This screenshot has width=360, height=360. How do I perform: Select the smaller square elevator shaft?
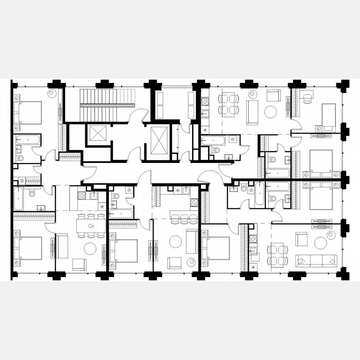point(98,133)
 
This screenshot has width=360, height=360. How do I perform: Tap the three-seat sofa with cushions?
point(316,261)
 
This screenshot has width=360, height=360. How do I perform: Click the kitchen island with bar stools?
point(183,215)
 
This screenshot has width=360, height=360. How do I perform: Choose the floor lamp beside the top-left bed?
point(52,93)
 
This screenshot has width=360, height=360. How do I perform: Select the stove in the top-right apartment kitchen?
point(205,101)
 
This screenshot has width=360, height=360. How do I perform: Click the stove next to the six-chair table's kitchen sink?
point(82,195)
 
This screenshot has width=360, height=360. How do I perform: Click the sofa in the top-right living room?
point(252,112)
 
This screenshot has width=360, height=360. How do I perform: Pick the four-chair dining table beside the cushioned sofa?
point(277,255)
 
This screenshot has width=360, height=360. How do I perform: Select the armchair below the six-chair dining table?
point(79,264)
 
